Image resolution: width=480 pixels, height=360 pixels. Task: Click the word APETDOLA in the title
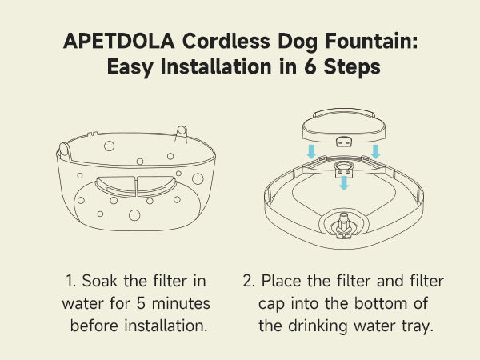118,41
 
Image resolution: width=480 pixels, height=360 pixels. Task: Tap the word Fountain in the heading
371,41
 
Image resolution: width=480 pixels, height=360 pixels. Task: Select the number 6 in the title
310,66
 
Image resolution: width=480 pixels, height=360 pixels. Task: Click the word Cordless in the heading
226,41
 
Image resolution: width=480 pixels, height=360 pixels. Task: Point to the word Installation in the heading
216,66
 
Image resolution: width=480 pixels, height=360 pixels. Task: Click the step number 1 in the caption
70,281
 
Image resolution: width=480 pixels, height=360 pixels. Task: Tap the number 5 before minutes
141,303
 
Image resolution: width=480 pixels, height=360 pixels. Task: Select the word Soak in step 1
99,281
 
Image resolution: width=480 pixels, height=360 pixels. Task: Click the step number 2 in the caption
248,281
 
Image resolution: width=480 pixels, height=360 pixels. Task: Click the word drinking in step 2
318,326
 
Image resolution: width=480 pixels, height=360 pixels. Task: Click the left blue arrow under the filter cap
312,152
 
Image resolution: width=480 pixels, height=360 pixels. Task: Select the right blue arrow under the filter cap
376,152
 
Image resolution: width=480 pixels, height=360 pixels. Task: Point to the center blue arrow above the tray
344,183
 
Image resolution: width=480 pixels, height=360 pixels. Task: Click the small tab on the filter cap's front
344,142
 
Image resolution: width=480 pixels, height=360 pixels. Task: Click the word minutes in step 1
181,303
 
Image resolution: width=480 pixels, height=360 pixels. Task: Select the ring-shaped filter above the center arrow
344,166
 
